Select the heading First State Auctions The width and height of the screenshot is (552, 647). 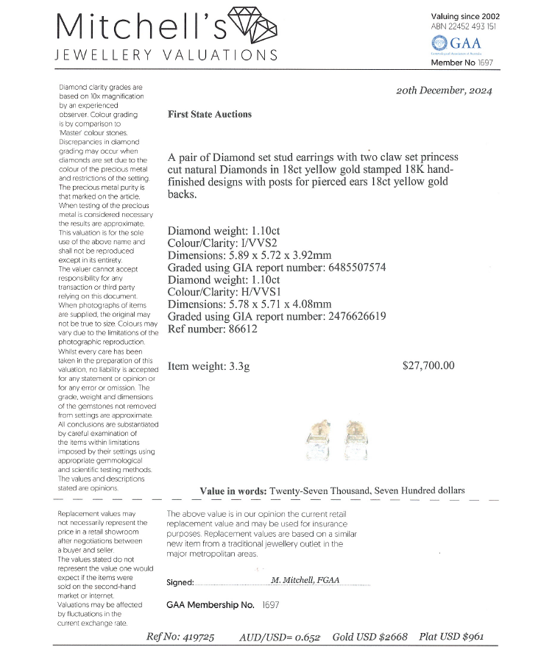point(210,114)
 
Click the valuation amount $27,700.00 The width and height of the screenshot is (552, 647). point(429,365)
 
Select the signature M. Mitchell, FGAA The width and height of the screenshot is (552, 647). point(305,580)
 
